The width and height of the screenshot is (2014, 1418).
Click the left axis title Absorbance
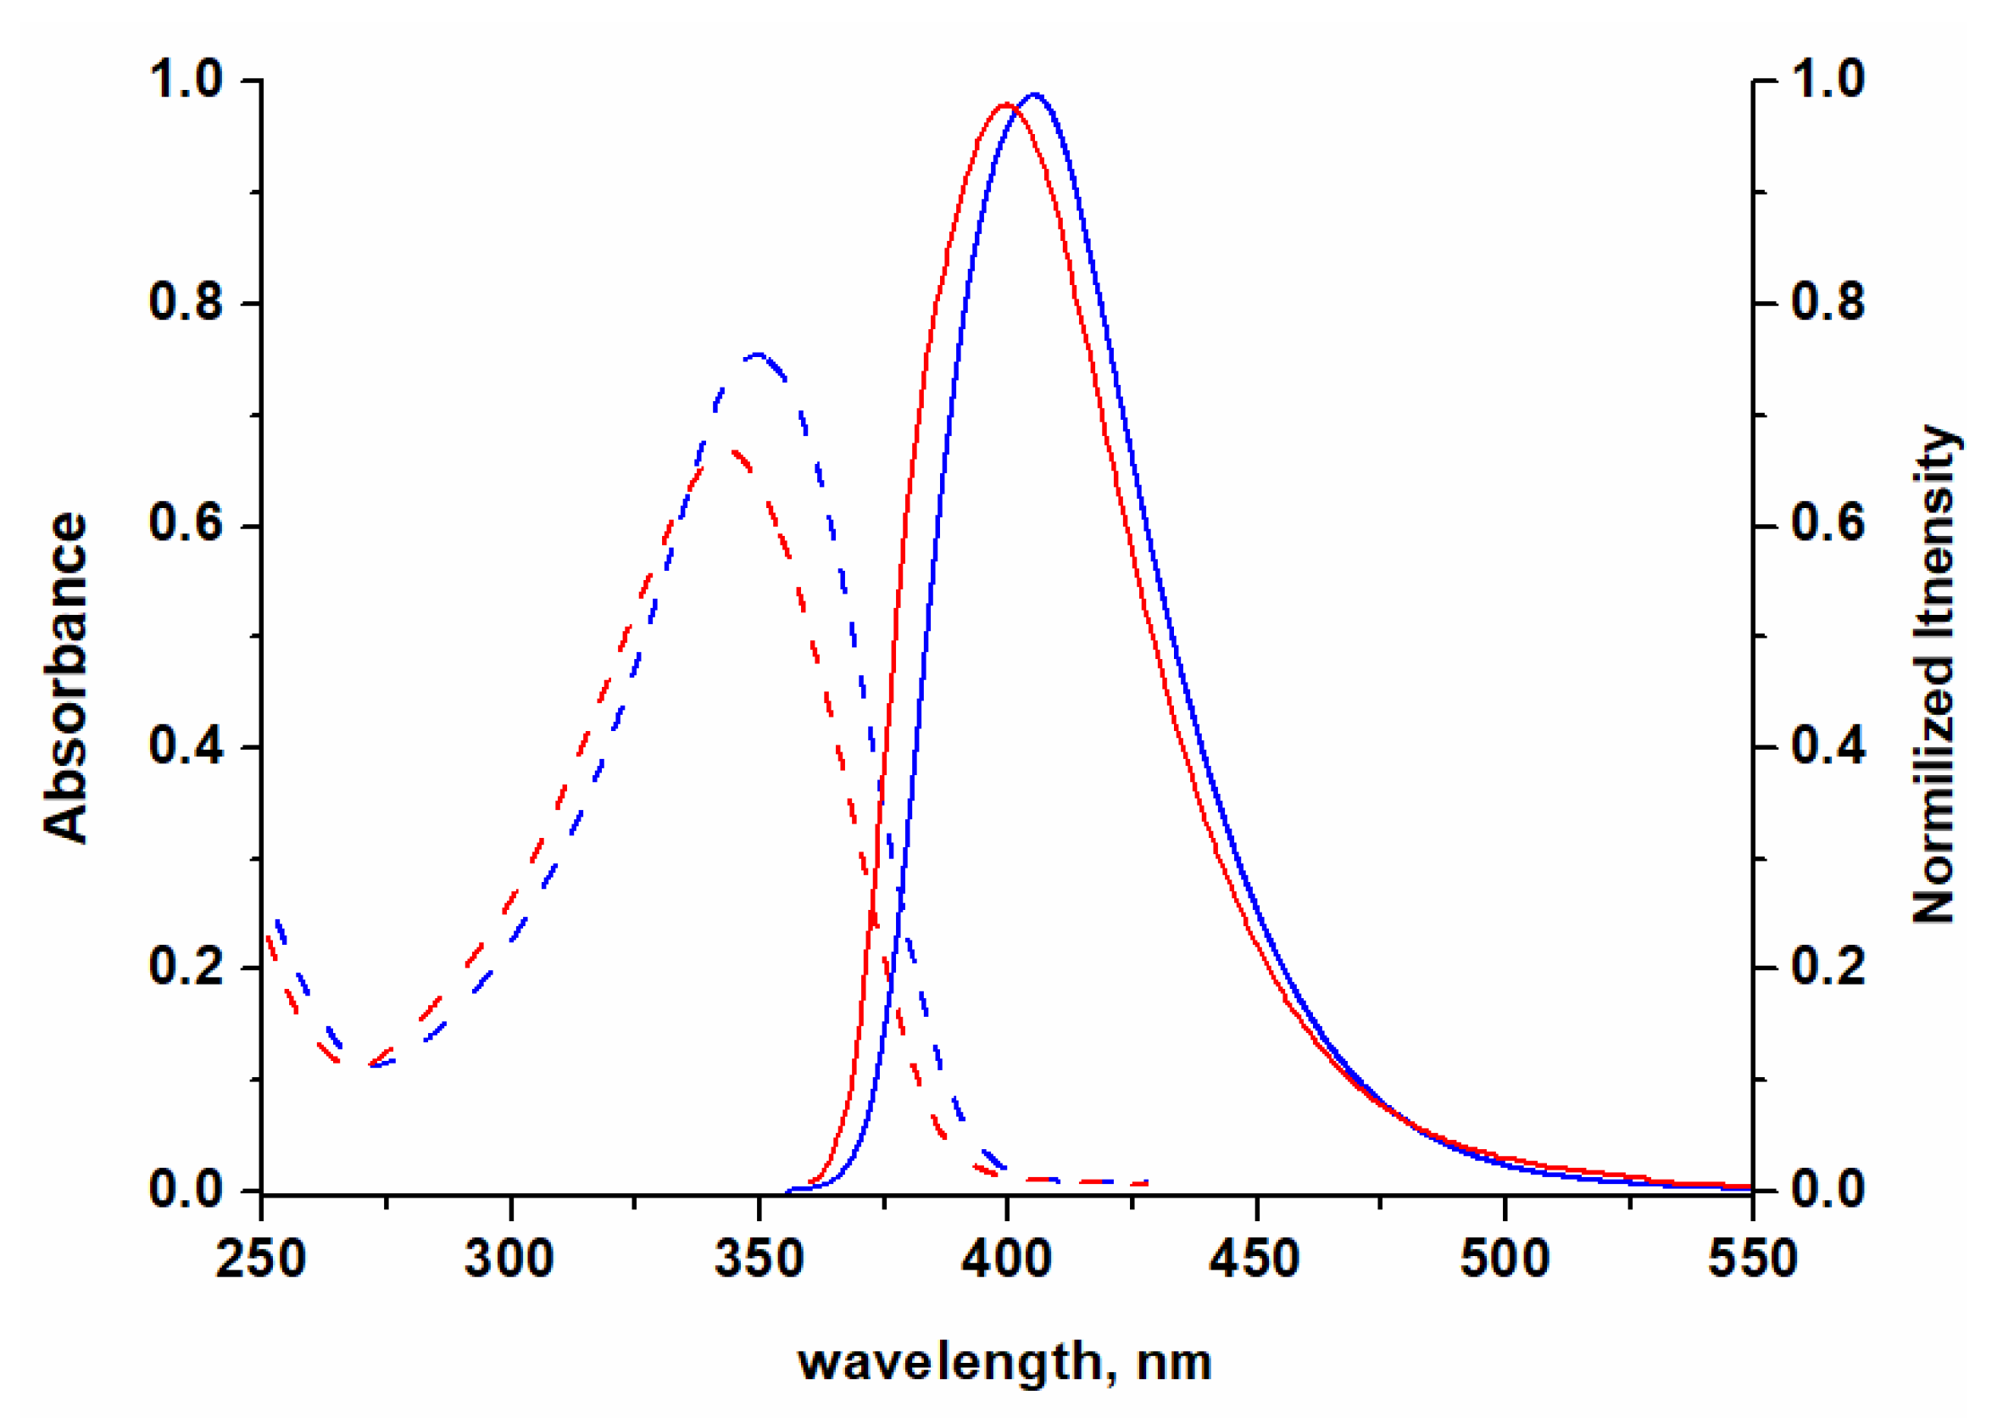(67, 678)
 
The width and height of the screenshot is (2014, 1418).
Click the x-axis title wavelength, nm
(1005, 1363)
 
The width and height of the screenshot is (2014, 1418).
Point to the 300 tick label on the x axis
(509, 1259)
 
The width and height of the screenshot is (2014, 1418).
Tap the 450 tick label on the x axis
(1255, 1259)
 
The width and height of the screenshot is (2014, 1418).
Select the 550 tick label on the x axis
(1752, 1259)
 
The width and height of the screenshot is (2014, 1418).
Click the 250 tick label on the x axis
(260, 1259)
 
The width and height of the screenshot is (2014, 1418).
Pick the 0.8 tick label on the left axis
(186, 302)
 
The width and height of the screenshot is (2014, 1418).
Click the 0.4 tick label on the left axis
(186, 745)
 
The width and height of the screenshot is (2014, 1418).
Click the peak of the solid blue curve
(1035, 94)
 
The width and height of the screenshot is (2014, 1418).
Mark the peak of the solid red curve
(1005, 104)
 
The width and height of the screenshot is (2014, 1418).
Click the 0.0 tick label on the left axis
(186, 1190)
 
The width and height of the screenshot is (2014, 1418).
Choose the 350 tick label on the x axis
(759, 1259)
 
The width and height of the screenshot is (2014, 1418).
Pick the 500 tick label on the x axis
(1505, 1259)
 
